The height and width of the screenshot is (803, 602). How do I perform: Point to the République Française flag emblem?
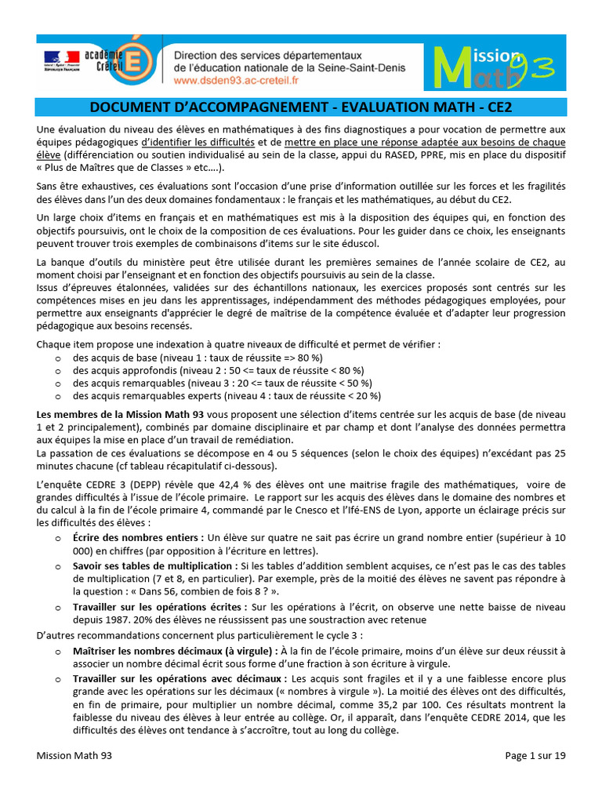click(x=61, y=59)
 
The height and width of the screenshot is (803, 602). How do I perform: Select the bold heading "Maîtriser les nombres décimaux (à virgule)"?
click(x=173, y=651)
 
